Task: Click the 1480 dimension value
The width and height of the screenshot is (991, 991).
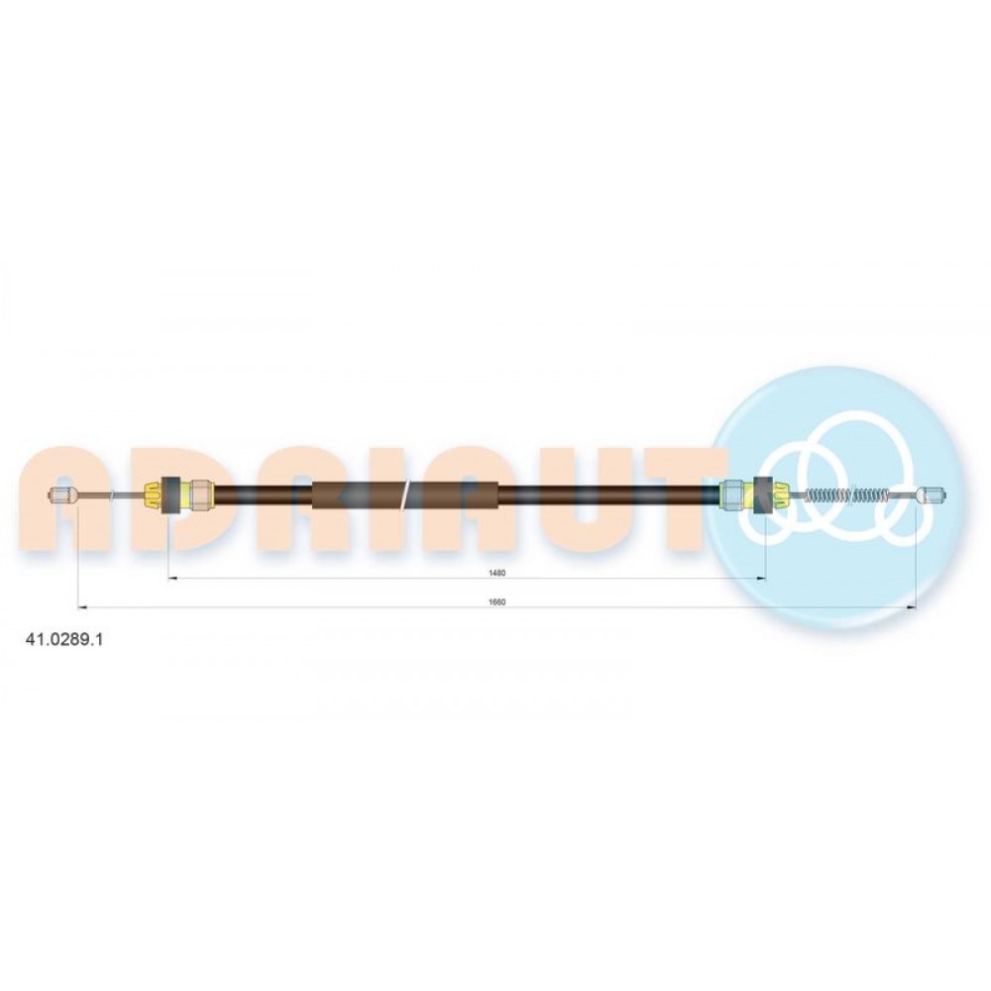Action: [497, 573]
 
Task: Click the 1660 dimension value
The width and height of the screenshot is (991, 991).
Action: [497, 603]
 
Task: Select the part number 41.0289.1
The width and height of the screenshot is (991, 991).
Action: [63, 639]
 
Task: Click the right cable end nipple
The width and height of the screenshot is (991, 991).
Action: [932, 495]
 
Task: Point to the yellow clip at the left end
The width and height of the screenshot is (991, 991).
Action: [154, 495]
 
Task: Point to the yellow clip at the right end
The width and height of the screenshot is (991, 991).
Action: [779, 495]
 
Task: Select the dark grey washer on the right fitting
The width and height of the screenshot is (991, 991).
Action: [762, 495]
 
